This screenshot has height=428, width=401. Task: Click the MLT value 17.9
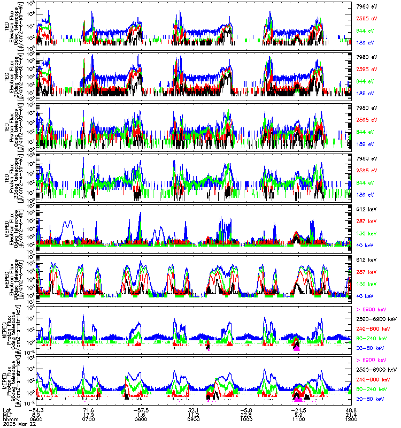(x=89, y=414)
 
